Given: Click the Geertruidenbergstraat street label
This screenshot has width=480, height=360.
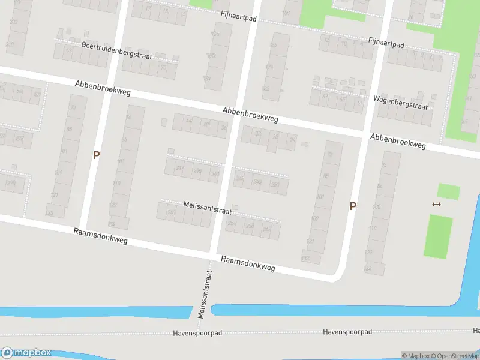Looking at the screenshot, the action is coord(116,50).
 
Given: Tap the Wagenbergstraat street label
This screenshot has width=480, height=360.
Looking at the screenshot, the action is coord(400,102).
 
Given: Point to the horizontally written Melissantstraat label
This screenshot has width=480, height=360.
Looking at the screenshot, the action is coord(207,205).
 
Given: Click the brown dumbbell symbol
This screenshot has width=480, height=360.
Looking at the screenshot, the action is coord(436,204).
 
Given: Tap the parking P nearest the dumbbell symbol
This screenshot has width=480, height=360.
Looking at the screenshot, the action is coord(353,206).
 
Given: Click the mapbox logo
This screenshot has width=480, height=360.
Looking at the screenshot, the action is coord(26,353).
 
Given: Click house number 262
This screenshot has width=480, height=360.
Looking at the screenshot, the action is coord(267,229).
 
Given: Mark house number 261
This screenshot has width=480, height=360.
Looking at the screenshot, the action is coord(172,213).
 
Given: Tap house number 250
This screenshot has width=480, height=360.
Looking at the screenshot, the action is coord(275,184).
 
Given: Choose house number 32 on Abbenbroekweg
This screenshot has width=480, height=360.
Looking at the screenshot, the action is coord(258,133).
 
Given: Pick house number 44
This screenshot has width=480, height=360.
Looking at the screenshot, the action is coord(189,121).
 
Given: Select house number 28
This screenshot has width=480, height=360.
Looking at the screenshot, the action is coord(275,137).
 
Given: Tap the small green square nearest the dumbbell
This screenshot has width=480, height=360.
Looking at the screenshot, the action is coord(448,192).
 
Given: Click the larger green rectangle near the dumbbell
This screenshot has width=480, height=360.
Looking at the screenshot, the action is coord(439,236).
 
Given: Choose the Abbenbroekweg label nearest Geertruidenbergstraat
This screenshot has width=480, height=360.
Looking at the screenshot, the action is coord(103,89).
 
